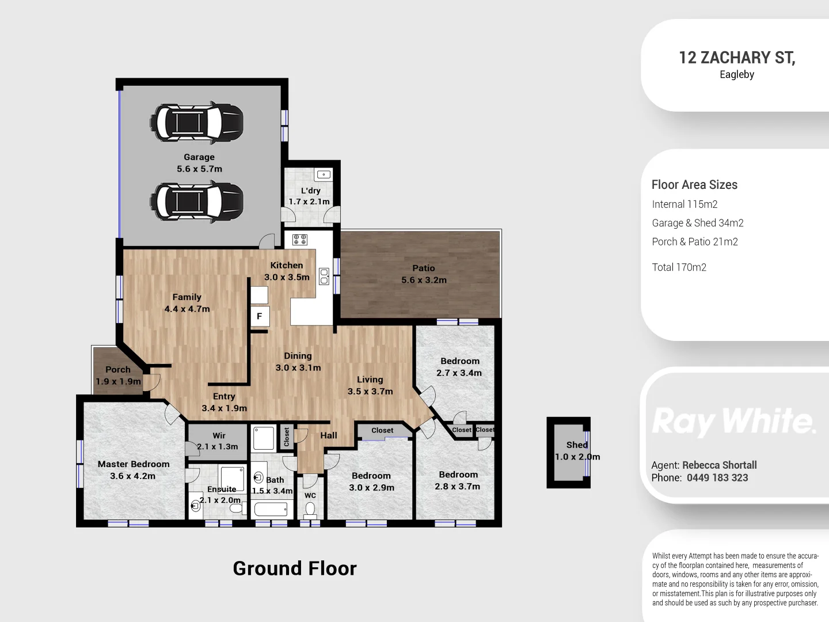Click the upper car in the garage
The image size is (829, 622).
(196, 122)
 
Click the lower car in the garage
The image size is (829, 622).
(196, 202)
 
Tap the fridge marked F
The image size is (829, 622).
(260, 316)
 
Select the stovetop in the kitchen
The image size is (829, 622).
(299, 240)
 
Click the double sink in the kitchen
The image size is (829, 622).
(324, 276)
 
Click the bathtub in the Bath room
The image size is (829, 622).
(271, 509)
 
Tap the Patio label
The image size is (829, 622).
(423, 268)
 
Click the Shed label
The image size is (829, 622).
(577, 445)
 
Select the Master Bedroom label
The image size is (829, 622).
(134, 464)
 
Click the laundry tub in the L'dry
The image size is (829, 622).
(324, 175)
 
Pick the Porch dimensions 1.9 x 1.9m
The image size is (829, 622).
(118, 381)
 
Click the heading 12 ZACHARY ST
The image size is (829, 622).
(737, 58)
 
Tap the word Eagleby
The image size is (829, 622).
(737, 74)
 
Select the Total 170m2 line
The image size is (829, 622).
(679, 267)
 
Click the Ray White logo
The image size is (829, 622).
(733, 421)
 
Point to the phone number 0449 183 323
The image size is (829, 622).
(717, 478)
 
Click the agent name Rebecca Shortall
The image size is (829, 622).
(720, 465)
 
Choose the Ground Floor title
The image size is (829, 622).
(295, 568)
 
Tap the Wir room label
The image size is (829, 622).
(219, 435)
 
